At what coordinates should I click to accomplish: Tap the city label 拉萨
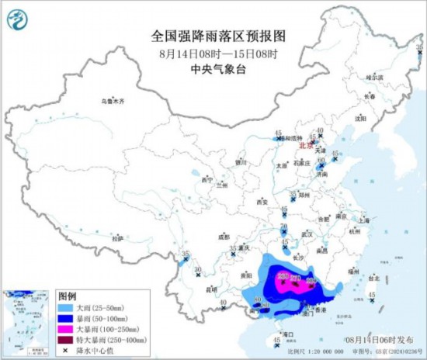point(116,239)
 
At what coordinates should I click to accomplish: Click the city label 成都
point(224,236)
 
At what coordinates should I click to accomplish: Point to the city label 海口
point(290,334)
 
